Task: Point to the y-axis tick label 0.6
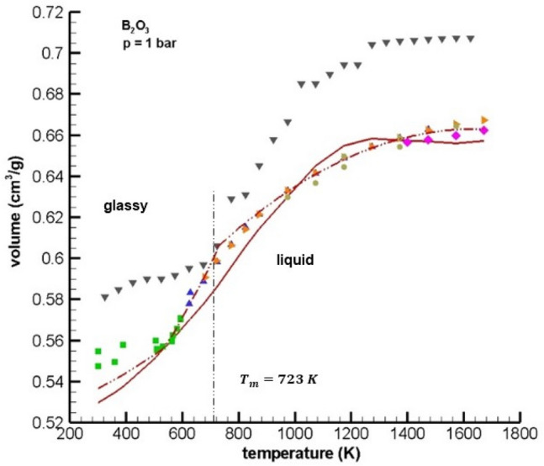[x=53, y=258]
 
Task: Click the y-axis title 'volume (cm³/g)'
[x=15, y=217]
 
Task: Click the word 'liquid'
[x=295, y=261]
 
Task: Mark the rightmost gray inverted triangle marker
[x=471, y=39]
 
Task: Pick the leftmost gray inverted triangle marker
[x=104, y=298]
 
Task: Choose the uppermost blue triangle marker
[x=190, y=293]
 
